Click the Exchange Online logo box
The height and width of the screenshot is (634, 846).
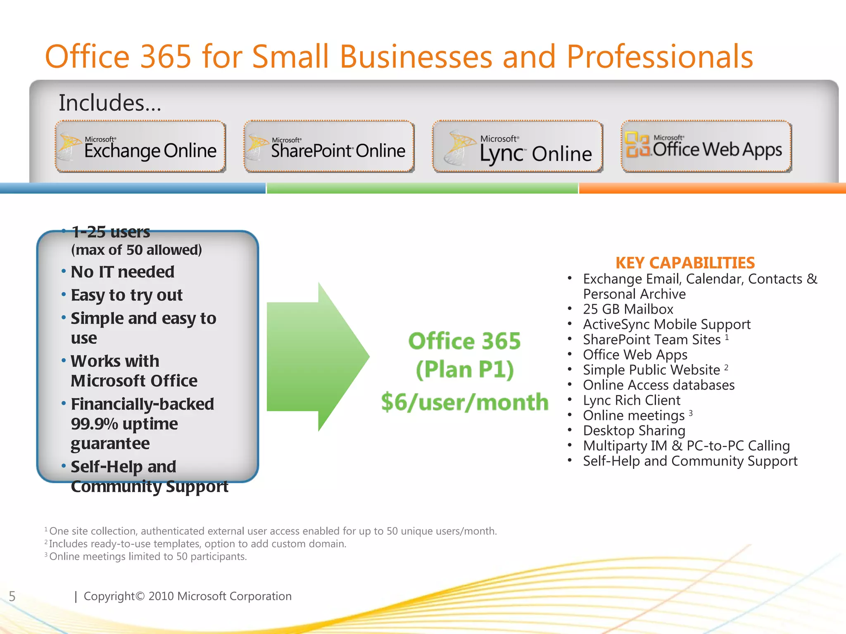coord(140,147)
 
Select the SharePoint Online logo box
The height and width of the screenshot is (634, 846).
coord(329,147)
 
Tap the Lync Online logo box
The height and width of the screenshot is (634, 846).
coord(517,147)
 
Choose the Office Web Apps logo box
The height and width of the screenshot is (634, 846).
coord(706,147)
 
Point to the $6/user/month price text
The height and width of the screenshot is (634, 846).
coord(465,402)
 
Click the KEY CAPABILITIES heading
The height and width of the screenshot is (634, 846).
coord(685,263)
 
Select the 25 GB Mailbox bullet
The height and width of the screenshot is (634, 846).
coord(628,309)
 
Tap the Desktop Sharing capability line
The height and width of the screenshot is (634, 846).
coord(634,431)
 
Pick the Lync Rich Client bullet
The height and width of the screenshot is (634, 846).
coord(632,400)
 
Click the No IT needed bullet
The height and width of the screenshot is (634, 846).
coord(123,272)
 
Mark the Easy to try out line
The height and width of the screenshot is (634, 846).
coord(126,295)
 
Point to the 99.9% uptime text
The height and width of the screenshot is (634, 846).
coord(124,424)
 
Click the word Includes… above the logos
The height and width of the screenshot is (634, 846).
coord(110,103)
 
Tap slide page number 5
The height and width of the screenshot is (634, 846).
coord(12,596)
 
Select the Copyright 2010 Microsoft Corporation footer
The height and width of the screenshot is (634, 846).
coord(188,596)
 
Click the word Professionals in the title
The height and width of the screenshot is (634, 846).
coord(660,57)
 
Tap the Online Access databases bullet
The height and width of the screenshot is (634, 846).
coord(659,385)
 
